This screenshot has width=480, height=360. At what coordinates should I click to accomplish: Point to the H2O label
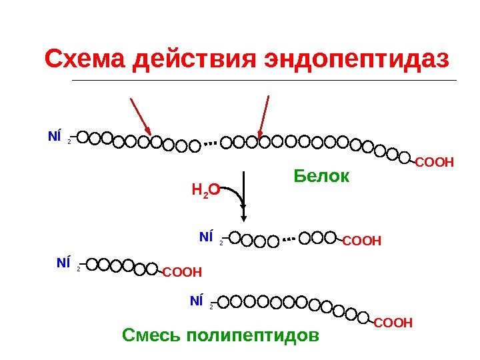point(201,191)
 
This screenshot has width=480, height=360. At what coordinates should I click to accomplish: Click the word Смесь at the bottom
point(151,333)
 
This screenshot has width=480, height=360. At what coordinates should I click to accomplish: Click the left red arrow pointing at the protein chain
point(141,116)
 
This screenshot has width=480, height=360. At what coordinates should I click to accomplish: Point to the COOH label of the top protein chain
point(434,161)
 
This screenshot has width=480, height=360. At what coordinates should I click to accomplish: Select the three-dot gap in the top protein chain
point(211,143)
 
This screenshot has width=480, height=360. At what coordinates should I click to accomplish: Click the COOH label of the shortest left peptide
point(182,271)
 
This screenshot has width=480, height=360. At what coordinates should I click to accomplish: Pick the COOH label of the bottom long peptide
point(393,323)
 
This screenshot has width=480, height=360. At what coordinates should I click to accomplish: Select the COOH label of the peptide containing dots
point(362,240)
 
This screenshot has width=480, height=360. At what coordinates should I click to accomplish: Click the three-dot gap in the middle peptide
point(289,238)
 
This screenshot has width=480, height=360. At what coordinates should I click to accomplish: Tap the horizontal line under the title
point(263,80)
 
